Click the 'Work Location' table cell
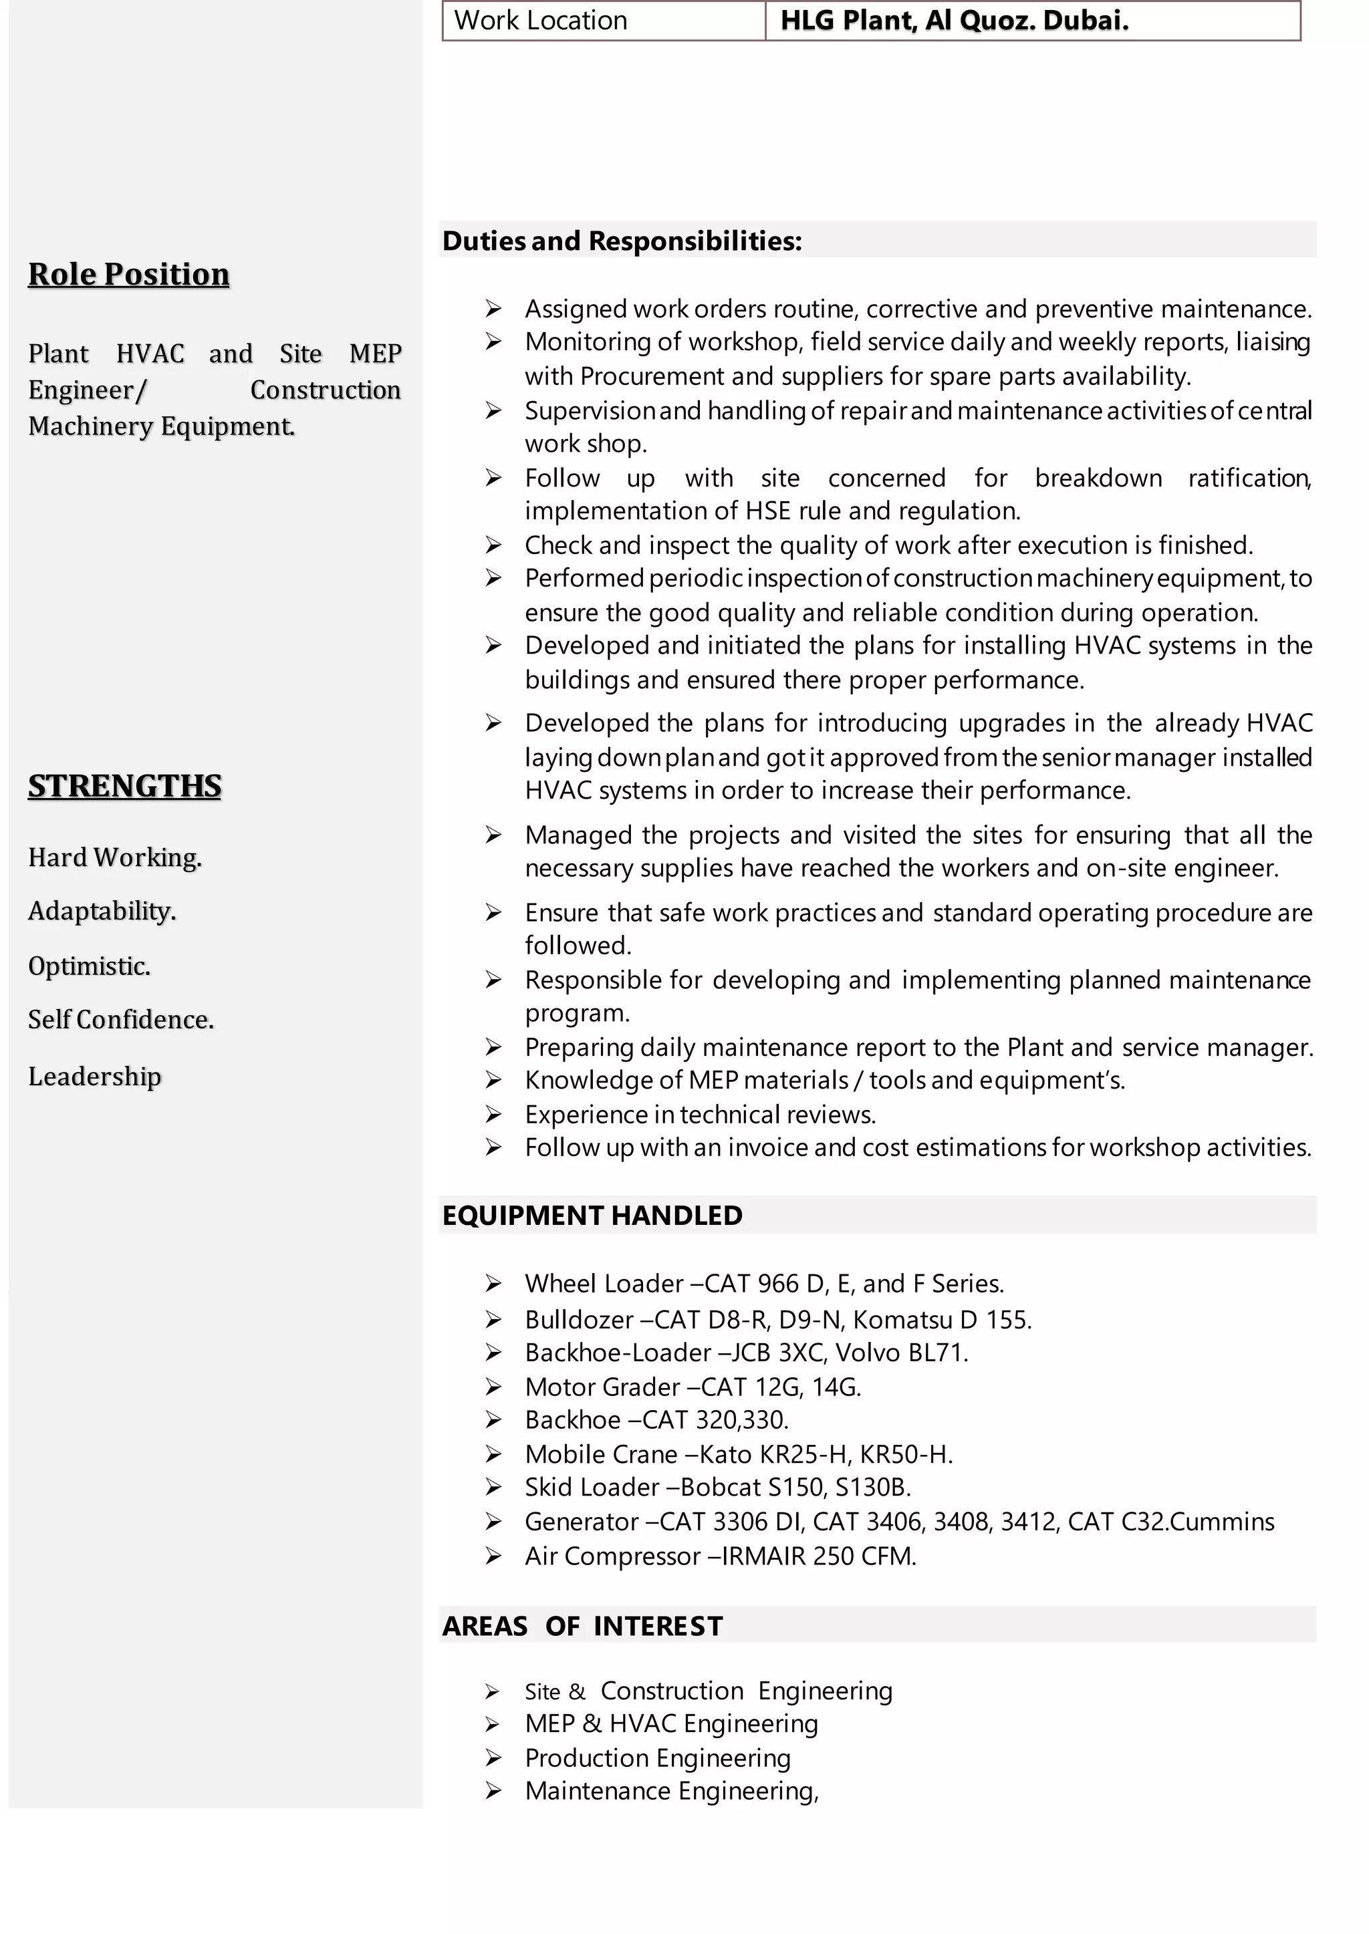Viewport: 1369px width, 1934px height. [x=603, y=20]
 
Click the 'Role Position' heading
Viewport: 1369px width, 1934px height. [x=129, y=274]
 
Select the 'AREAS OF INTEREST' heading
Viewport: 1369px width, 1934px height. [x=582, y=1625]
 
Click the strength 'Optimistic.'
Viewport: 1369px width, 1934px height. [x=90, y=966]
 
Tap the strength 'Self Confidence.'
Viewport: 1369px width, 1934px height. [x=120, y=1020]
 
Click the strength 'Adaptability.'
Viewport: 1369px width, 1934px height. [x=102, y=911]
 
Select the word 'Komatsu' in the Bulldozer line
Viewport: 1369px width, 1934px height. [x=903, y=1320]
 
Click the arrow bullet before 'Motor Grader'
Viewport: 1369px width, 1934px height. [x=493, y=1387]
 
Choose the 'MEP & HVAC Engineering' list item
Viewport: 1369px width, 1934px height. [x=671, y=1724]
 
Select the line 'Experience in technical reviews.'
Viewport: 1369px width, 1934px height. [x=700, y=1115]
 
